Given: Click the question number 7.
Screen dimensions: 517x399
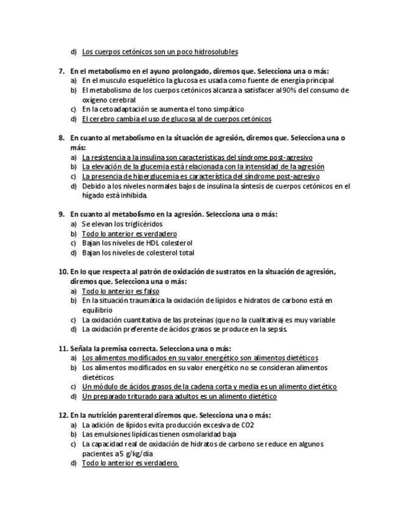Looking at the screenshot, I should (x=62, y=71).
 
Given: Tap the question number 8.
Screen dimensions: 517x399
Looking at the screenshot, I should (x=62, y=138).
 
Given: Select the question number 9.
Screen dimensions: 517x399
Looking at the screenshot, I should (x=62, y=215).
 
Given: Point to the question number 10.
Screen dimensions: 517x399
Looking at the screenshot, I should (x=63, y=272).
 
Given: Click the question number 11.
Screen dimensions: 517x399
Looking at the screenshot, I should (x=63, y=348).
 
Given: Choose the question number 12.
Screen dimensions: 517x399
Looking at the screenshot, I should (x=63, y=415).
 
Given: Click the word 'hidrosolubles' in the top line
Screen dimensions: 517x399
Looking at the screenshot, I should (x=215, y=52).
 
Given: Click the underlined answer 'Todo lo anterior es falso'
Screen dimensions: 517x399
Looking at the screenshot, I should (x=121, y=291).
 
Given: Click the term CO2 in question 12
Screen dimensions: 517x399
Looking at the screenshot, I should (x=247, y=425).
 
